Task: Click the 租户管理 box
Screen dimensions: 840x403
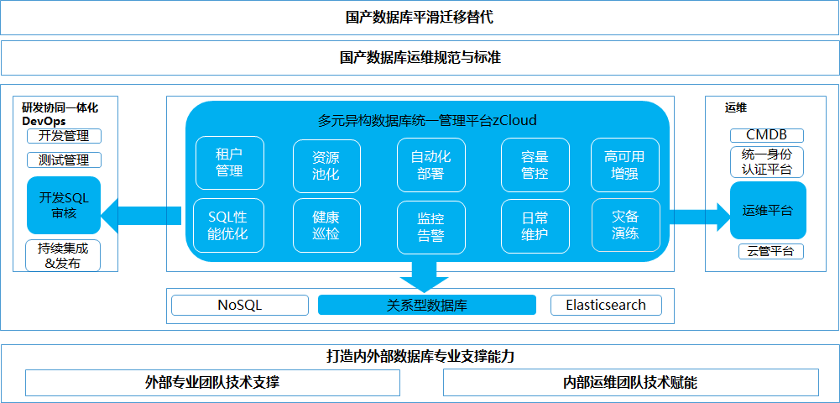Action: click(x=230, y=163)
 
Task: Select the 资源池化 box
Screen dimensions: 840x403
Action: click(x=326, y=165)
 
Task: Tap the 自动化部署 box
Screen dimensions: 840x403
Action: click(x=430, y=165)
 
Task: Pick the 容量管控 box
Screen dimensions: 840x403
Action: click(x=535, y=165)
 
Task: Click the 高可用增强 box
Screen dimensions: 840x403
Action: click(x=624, y=165)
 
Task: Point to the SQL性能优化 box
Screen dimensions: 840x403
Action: click(x=228, y=226)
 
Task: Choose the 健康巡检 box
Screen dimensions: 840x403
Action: click(x=326, y=226)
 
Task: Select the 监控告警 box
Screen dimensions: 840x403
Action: click(x=430, y=227)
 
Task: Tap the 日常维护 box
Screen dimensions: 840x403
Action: click(x=535, y=226)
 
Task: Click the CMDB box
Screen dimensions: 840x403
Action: click(x=767, y=135)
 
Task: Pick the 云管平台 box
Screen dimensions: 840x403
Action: click(x=771, y=251)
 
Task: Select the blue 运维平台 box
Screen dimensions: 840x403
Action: click(x=768, y=210)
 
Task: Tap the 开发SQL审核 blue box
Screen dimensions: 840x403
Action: click(x=64, y=205)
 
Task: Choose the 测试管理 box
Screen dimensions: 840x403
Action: click(x=64, y=160)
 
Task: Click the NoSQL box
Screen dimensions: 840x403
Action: click(x=240, y=305)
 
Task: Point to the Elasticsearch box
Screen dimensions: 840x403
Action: click(x=607, y=305)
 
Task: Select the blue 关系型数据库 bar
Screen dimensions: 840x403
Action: click(x=427, y=305)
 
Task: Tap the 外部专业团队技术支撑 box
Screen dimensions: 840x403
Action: click(x=212, y=383)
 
